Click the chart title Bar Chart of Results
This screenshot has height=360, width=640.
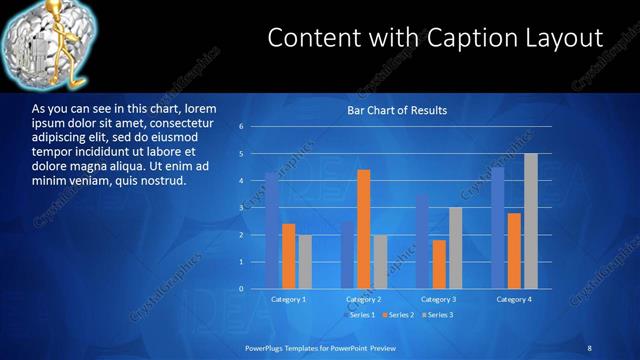(x=396, y=110)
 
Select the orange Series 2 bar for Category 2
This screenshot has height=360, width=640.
(x=363, y=229)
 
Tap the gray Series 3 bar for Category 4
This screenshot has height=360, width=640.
(x=531, y=221)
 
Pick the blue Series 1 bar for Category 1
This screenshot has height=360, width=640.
(x=271, y=230)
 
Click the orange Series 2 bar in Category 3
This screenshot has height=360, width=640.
(x=439, y=264)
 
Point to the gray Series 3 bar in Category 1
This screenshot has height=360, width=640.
(x=305, y=262)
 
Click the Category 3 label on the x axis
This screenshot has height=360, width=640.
(x=438, y=299)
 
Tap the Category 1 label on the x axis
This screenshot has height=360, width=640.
(x=288, y=299)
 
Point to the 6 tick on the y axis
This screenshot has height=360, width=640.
(x=241, y=127)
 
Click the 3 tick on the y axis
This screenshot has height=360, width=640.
(x=241, y=208)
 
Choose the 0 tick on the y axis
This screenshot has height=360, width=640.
(x=241, y=289)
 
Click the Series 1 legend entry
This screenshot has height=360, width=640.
(x=361, y=315)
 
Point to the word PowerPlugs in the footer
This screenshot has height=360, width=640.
(x=270, y=347)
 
